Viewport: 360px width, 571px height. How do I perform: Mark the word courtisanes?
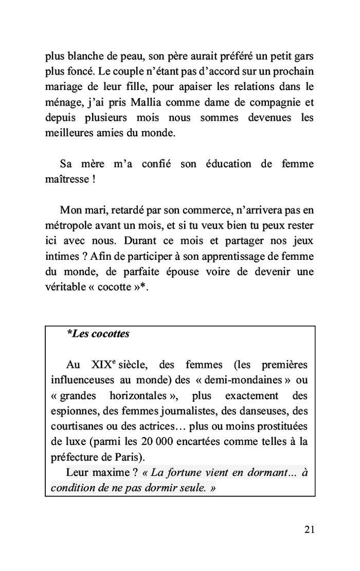[77, 427]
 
